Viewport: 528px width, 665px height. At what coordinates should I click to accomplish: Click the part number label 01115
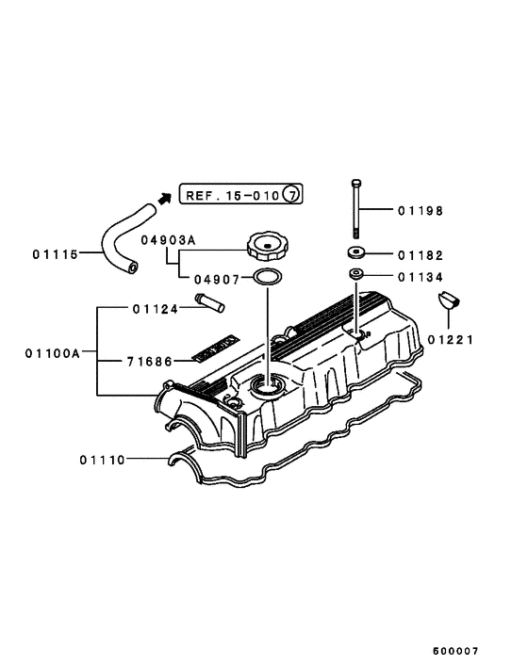tap(54, 253)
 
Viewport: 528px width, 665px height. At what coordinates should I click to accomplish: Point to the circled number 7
tap(292, 195)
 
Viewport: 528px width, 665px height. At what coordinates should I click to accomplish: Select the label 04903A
tap(168, 240)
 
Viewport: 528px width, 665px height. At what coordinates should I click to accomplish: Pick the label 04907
tap(216, 279)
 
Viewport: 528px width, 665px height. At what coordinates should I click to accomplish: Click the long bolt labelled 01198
tap(355, 209)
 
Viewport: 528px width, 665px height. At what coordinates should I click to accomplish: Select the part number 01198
tap(420, 211)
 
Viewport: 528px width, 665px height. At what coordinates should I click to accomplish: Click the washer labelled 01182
tap(356, 253)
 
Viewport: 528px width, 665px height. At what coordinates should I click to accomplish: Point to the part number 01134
tap(420, 277)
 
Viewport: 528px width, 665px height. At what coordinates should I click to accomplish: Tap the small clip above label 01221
tap(450, 301)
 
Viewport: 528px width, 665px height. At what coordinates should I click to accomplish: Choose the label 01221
tap(450, 339)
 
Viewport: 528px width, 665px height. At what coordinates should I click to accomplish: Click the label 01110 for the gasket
tap(103, 460)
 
